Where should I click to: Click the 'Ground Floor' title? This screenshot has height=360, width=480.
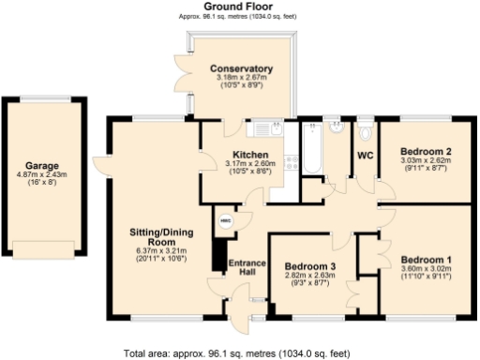click(x=239, y=7)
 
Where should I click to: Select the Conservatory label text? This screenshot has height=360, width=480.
click(x=242, y=68)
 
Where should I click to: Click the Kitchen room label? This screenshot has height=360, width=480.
click(x=250, y=155)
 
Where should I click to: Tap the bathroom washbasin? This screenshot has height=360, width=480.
click(x=334, y=127)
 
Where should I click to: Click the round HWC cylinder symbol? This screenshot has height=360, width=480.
click(x=224, y=220)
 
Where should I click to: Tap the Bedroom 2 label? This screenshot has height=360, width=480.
click(x=427, y=151)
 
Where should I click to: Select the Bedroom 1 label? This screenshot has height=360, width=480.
click(x=427, y=259)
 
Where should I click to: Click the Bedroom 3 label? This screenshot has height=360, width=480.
click(x=310, y=265)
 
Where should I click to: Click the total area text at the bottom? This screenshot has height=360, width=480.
click(x=237, y=353)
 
